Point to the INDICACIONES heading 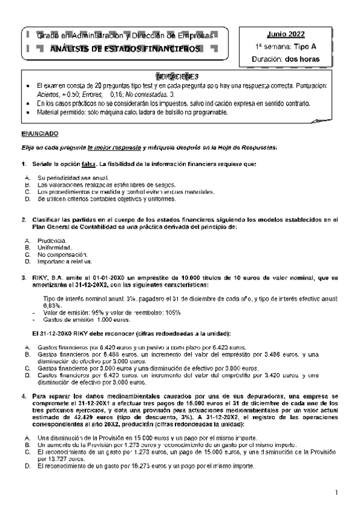click(177, 76)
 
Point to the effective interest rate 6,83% click(54, 306)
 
